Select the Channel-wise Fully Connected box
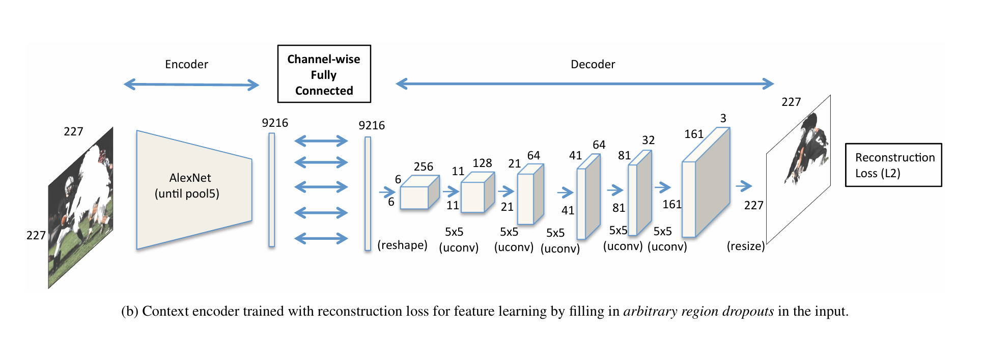(x=324, y=74)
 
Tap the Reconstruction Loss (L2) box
(x=893, y=165)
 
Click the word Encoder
(x=186, y=65)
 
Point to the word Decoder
(x=593, y=65)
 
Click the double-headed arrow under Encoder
(x=191, y=85)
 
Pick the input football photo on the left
(x=80, y=208)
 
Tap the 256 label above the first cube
(x=423, y=167)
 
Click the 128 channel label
(x=482, y=163)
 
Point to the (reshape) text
(x=402, y=245)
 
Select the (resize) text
(x=745, y=246)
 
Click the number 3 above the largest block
(x=723, y=119)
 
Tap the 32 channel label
(x=648, y=141)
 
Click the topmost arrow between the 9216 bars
(x=321, y=141)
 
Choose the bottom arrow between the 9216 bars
(x=321, y=238)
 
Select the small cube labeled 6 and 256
(x=419, y=193)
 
